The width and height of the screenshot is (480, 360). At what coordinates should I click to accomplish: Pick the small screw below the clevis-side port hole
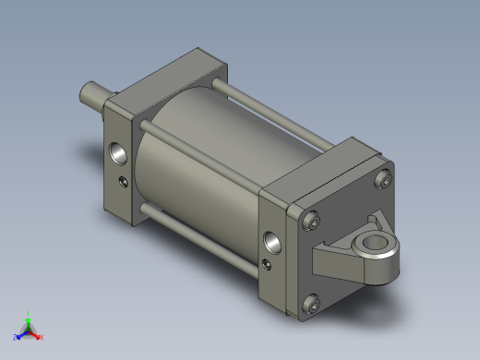[268, 266]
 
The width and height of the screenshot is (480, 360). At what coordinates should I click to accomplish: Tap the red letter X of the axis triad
[42, 337]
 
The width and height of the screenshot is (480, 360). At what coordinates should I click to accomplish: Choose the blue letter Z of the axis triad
[16, 337]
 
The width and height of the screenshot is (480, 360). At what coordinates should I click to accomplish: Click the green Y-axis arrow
[29, 323]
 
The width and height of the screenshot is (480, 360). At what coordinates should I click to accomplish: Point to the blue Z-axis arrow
[22, 334]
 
